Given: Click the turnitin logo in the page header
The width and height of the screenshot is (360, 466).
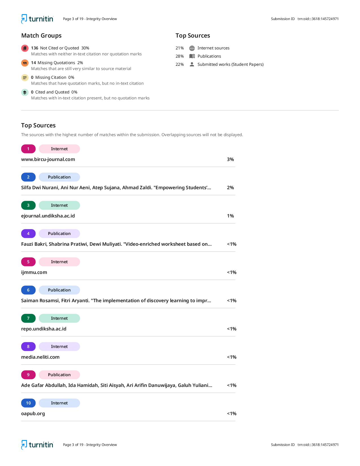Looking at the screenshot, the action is click(x=37, y=19).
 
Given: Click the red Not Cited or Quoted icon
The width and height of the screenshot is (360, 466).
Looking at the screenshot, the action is click(x=25, y=48).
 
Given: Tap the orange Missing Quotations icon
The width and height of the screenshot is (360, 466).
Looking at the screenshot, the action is click(x=25, y=63).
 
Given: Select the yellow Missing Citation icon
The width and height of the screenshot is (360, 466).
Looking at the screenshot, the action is click(x=25, y=77).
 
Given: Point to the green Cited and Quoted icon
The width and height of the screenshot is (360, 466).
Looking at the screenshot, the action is click(x=25, y=92).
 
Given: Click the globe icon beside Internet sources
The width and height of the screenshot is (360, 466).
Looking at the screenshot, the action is click(x=192, y=48).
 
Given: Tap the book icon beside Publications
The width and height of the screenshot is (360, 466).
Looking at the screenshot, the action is click(x=192, y=56).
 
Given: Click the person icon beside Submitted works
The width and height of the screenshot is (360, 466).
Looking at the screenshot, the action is click(x=192, y=64).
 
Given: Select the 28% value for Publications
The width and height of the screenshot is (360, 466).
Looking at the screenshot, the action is click(x=180, y=56).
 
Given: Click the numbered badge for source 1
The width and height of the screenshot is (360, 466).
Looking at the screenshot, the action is click(x=28, y=149).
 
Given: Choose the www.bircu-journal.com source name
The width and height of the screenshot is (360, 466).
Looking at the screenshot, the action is click(x=48, y=159).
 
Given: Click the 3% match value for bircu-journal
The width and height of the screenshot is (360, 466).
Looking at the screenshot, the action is click(x=230, y=159).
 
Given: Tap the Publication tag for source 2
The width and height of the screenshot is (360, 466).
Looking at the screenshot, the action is click(x=59, y=177).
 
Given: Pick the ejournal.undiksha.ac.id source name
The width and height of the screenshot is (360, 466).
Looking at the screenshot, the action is click(x=48, y=216).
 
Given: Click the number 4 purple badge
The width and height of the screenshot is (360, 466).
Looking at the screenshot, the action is click(x=28, y=234).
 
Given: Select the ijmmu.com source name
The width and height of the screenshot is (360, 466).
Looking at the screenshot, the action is click(x=34, y=272).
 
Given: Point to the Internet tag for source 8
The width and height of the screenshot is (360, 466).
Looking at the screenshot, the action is click(x=59, y=347).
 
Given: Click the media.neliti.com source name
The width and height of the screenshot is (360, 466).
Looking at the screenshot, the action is click(x=40, y=357).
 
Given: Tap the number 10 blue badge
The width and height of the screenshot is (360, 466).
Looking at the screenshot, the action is click(x=28, y=403).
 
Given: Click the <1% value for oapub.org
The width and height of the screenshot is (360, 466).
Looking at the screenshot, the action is click(x=232, y=413).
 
